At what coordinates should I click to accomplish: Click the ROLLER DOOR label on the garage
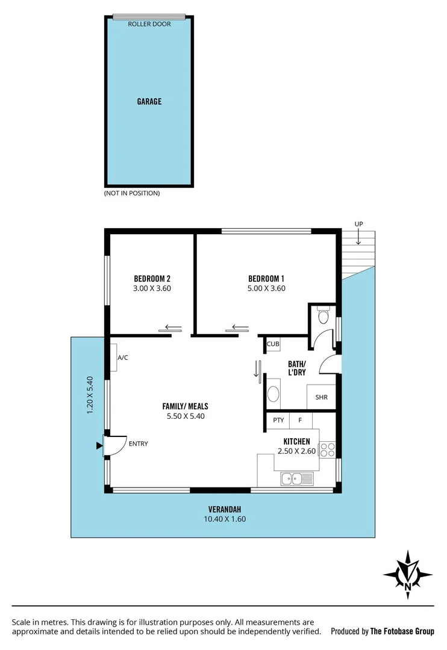[x=149, y=24]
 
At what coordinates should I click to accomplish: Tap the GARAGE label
[x=149, y=102]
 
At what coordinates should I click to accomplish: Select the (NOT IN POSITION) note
[x=132, y=193]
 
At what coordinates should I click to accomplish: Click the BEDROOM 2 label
[x=152, y=279]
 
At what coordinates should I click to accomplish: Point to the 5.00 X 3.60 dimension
[x=266, y=288]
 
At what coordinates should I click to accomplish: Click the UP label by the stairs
[x=358, y=224]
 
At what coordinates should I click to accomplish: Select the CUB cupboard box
[x=273, y=344]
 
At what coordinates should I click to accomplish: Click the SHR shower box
[x=320, y=397]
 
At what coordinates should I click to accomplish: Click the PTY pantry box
[x=278, y=420]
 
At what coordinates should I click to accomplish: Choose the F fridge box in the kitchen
[x=300, y=420]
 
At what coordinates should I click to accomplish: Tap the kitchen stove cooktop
[x=327, y=450]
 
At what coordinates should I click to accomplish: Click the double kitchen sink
[x=296, y=479]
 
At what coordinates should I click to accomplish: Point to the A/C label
[x=122, y=357]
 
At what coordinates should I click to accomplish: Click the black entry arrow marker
[x=99, y=446]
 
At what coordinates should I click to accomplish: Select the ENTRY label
[x=138, y=444]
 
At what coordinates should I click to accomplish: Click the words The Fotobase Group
[x=402, y=631]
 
